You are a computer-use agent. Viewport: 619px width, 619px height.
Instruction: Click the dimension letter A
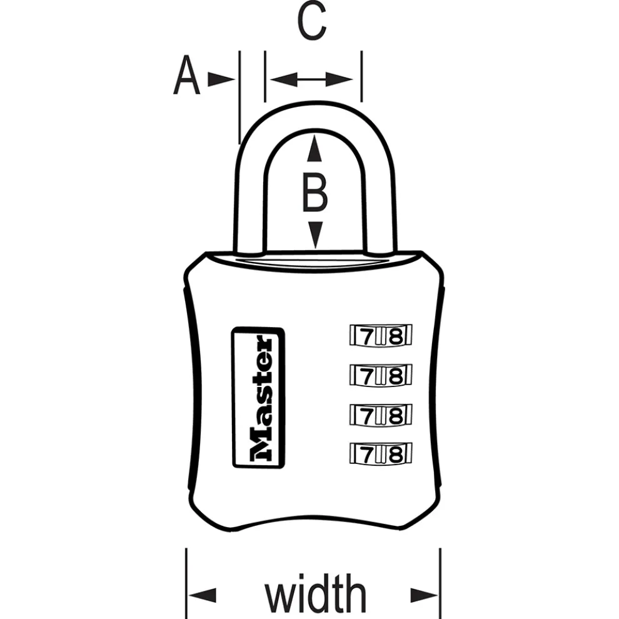[186, 76]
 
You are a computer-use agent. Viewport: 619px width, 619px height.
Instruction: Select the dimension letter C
[311, 23]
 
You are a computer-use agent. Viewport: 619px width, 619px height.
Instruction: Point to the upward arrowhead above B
[315, 149]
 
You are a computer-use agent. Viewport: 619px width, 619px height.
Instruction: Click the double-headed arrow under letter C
[313, 79]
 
